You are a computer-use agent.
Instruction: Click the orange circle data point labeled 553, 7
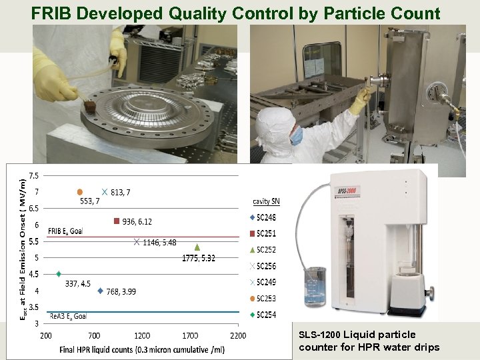click(x=80, y=192)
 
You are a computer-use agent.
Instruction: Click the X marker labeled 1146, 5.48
click(x=136, y=242)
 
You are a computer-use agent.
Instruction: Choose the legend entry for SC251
click(x=265, y=233)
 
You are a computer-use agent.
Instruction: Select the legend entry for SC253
click(x=265, y=298)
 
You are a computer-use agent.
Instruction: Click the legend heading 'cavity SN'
click(x=266, y=201)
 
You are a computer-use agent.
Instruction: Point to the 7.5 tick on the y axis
click(x=32, y=176)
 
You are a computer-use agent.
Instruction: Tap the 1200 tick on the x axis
click(x=142, y=335)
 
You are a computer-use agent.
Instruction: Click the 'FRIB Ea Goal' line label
click(x=65, y=231)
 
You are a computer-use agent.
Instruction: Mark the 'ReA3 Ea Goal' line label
click(x=68, y=316)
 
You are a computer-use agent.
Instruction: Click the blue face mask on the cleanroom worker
click(x=296, y=135)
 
